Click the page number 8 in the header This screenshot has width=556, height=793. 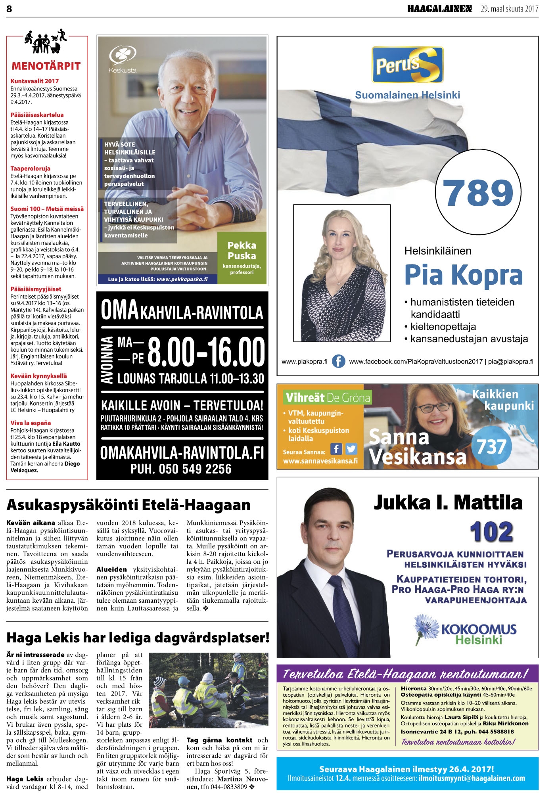(10, 9)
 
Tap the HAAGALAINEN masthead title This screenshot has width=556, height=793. (439, 9)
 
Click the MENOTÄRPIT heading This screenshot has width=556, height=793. (46, 66)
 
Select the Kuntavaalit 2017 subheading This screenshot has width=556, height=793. (35, 81)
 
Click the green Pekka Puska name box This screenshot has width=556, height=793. (242, 257)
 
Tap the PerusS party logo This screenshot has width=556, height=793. (407, 65)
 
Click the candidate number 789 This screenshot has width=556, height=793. (477, 193)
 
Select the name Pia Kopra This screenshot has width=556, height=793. (463, 275)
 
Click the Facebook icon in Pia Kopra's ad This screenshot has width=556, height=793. (338, 361)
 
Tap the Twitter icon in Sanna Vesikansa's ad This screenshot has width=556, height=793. (351, 448)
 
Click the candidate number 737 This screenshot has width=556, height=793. (492, 446)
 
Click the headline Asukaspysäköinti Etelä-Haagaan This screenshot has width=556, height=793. (128, 505)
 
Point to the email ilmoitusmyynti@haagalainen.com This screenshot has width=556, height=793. (472, 778)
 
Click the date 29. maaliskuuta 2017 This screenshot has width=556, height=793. (510, 9)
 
